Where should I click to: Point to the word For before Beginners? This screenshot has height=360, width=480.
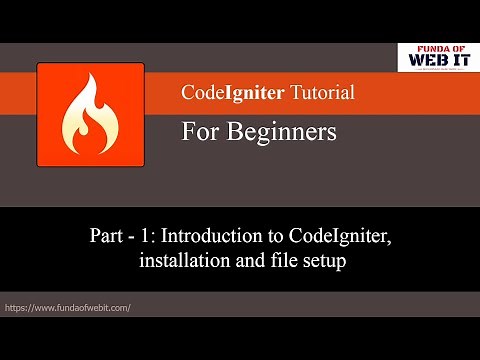(x=200, y=131)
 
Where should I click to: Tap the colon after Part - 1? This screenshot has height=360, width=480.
(x=155, y=240)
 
